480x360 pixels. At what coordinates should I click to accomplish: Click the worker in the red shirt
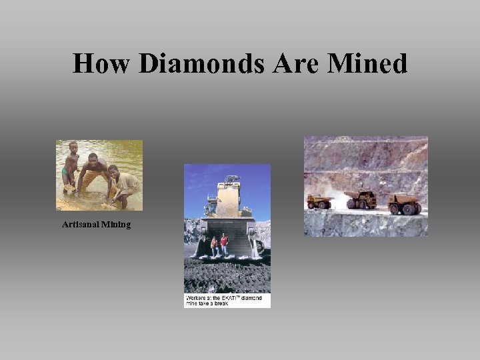point(224,245)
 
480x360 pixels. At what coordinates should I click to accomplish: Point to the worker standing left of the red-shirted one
point(214,246)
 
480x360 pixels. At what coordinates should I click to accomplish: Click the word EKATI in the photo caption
point(234,298)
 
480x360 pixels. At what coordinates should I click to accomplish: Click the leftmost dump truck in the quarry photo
point(320,201)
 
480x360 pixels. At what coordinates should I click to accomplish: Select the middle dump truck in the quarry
point(361,199)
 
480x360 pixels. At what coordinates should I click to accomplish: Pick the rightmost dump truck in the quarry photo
point(404,203)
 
